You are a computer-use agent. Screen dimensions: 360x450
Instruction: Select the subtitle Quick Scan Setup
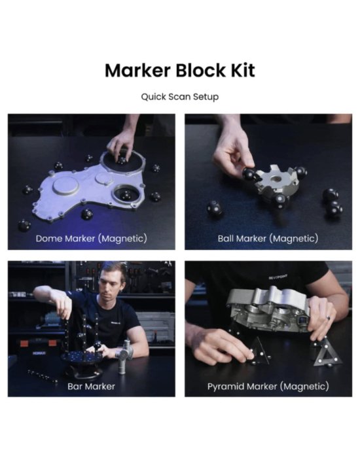coord(180,97)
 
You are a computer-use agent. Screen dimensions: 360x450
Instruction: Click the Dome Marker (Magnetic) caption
coord(92,239)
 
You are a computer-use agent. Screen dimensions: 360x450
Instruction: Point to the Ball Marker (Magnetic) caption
coord(268,239)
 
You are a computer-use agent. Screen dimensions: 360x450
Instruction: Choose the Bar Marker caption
coord(92,387)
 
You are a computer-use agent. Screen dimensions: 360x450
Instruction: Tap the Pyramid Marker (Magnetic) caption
coord(268,387)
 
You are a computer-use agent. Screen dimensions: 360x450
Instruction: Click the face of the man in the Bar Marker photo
coord(113,282)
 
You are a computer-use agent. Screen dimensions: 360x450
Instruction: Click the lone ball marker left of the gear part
coord(215,209)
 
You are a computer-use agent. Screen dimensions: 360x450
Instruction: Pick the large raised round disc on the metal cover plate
coord(66,186)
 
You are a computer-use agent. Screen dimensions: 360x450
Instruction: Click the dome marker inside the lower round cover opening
coord(126,196)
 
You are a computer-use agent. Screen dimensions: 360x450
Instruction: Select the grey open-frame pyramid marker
coord(327,353)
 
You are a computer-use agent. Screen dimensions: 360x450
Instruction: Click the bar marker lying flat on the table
coord(43,375)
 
